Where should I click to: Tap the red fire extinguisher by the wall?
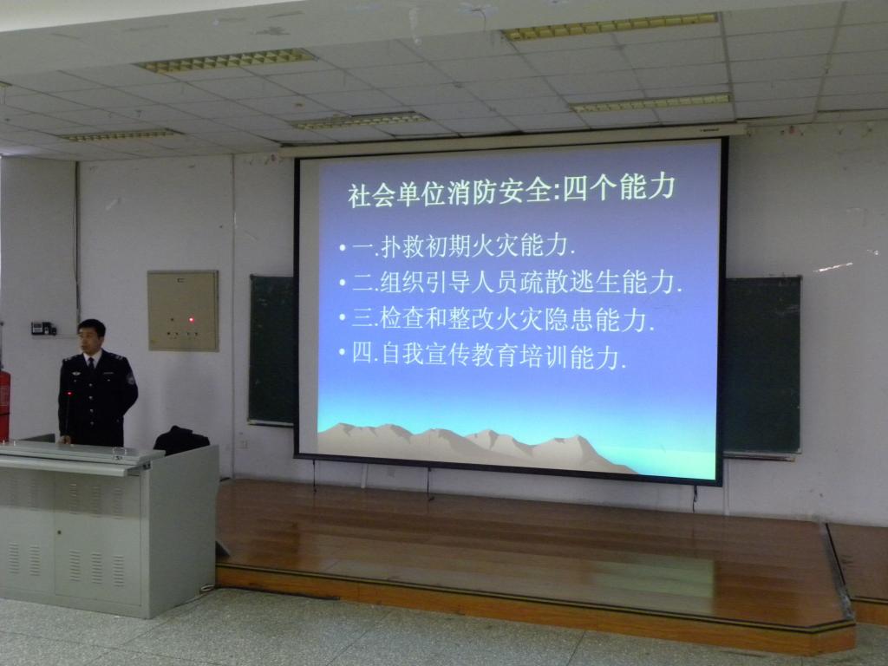click(x=4, y=403)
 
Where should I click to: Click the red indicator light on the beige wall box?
click(x=192, y=320)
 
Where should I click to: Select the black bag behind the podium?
click(x=181, y=440)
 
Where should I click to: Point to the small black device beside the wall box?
click(x=43, y=328)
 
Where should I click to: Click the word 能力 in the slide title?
click(x=648, y=187)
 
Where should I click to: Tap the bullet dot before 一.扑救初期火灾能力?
click(x=343, y=247)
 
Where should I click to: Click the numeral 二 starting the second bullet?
click(x=363, y=282)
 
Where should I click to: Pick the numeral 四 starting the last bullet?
click(x=363, y=354)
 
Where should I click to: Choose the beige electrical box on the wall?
click(x=183, y=310)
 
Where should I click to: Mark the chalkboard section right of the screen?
click(x=761, y=365)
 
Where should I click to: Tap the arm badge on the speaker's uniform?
click(x=131, y=378)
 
